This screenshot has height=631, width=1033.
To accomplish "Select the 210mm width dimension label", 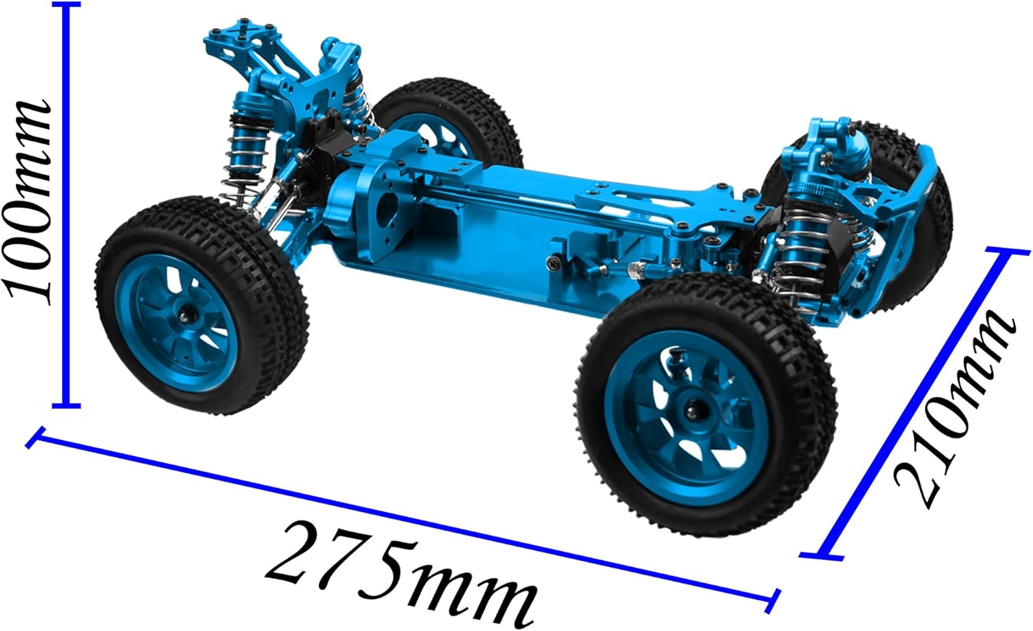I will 954,406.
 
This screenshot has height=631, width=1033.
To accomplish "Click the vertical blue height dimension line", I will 65,206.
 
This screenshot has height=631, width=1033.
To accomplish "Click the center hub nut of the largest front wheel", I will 691,411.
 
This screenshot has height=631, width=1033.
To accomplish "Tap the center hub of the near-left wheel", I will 186,316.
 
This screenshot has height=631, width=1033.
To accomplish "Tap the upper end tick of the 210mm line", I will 1008,252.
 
